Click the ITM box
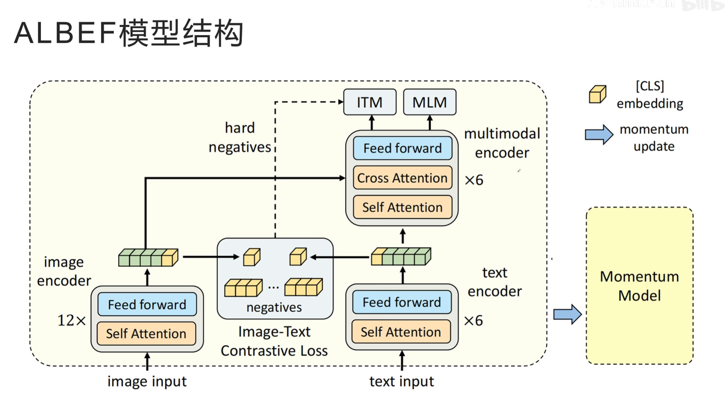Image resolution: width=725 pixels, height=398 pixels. (370, 102)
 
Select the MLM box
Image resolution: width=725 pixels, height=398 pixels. (430, 102)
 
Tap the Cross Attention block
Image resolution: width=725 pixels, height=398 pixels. (402, 178)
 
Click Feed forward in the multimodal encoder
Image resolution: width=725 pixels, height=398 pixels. (402, 148)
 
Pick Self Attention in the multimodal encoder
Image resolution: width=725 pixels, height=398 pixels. (402, 207)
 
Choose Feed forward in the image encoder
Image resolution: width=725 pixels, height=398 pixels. (147, 305)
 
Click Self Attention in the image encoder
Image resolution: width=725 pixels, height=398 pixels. (146, 333)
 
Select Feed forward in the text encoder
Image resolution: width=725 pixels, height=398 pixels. (402, 302)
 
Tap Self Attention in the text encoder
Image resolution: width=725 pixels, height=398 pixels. (401, 332)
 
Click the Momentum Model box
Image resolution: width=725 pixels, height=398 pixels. (639, 286)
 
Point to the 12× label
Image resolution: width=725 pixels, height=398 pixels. (71, 320)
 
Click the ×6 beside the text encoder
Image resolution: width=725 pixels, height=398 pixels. (473, 320)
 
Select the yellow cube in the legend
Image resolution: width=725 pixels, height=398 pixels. (597, 94)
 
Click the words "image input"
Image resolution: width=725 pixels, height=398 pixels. (147, 382)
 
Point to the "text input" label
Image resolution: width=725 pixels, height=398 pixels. (401, 382)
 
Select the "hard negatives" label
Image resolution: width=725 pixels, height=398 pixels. (240, 137)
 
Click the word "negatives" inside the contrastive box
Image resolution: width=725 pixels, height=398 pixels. (274, 307)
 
